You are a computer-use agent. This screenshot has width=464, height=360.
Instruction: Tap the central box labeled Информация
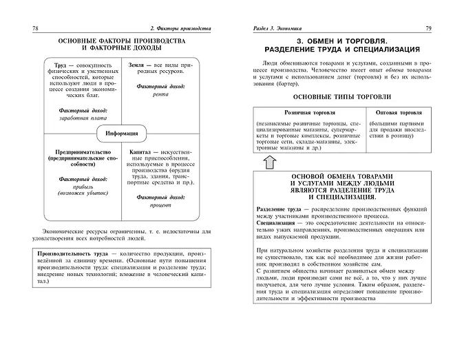[x=122, y=133]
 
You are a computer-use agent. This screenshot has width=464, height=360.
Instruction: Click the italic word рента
[x=160, y=94]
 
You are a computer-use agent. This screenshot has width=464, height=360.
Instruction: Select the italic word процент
[x=160, y=205]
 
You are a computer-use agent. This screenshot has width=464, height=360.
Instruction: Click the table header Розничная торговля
[x=307, y=112]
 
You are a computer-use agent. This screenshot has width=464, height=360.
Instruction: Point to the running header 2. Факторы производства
[x=180, y=28]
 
